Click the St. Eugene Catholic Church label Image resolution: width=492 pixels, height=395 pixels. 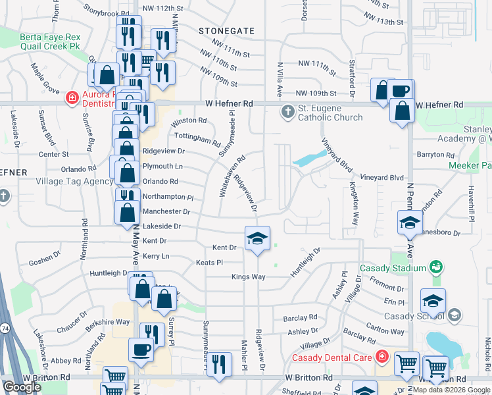[x=330, y=113]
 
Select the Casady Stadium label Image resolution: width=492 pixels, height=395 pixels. [x=393, y=268]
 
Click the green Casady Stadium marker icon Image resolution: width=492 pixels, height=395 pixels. [x=435, y=267]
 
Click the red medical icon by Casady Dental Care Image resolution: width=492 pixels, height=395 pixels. [x=382, y=357]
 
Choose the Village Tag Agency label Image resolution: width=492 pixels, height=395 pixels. [x=74, y=181]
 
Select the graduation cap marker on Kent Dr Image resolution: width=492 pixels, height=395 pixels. [x=258, y=239]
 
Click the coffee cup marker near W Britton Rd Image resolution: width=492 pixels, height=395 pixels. [x=140, y=349]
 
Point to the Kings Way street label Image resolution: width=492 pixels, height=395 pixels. [x=249, y=276]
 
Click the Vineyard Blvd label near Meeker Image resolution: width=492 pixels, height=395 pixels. [x=381, y=178]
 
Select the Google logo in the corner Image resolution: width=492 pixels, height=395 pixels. [x=22, y=387]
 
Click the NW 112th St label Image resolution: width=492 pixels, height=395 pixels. [x=161, y=8]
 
